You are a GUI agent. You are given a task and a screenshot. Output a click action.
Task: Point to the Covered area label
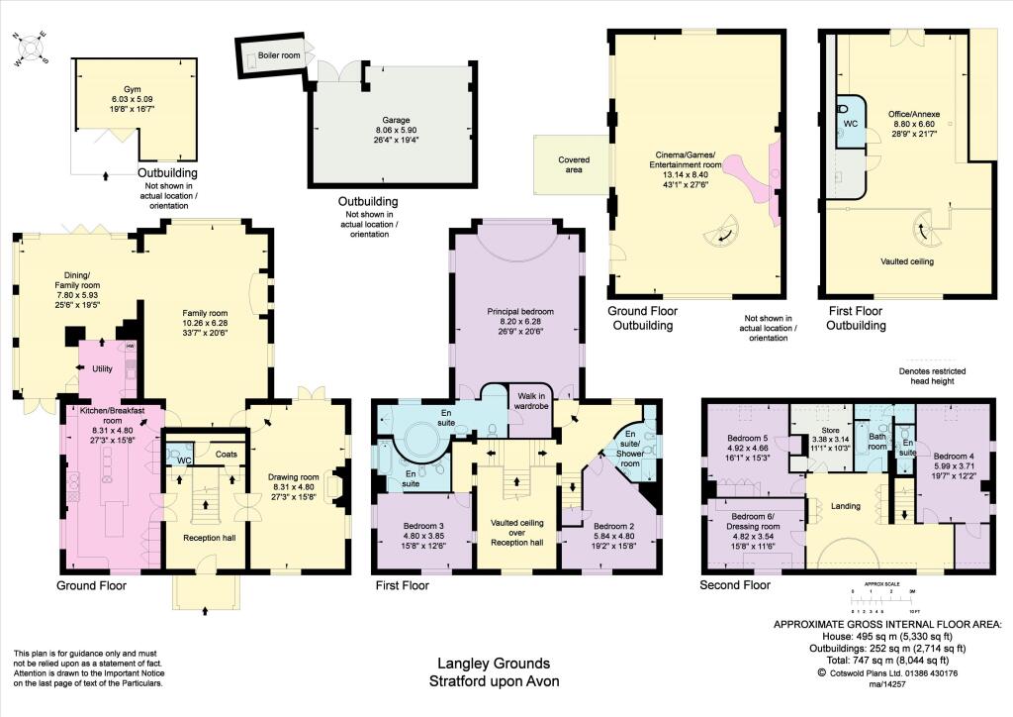[x=574, y=164]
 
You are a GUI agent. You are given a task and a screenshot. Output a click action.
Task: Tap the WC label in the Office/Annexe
[x=849, y=125]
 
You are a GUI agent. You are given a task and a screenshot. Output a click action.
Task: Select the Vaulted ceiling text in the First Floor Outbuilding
[x=908, y=262]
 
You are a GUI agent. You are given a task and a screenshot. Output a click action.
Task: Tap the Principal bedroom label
[x=518, y=311]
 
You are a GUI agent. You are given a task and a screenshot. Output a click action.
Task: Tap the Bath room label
[x=876, y=441]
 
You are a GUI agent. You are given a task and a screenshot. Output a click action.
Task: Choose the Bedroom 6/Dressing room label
[x=759, y=522]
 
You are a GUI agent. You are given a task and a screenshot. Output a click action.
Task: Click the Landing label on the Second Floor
[x=846, y=507]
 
